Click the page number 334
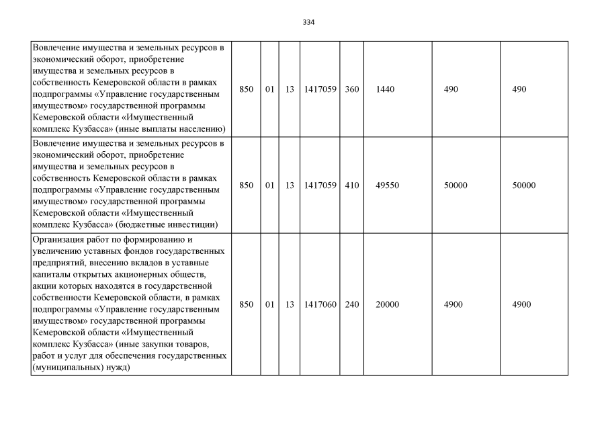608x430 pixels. [x=309, y=22]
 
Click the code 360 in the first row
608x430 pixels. [x=351, y=89]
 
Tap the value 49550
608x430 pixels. [x=387, y=185]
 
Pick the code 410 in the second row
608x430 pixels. [x=351, y=185]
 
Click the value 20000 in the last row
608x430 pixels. [x=387, y=304]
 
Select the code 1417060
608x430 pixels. [x=320, y=304]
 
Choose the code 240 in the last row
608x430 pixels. [x=351, y=304]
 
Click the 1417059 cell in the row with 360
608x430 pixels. [x=320, y=89]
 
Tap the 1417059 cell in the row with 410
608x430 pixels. [x=320, y=185]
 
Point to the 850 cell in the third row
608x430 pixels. [x=247, y=304]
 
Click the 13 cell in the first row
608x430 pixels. [x=290, y=89]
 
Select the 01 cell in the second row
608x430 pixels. [x=269, y=185]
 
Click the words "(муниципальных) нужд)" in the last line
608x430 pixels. [x=81, y=368]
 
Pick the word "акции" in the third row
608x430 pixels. [x=44, y=285]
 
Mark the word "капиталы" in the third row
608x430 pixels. [x=52, y=273]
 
